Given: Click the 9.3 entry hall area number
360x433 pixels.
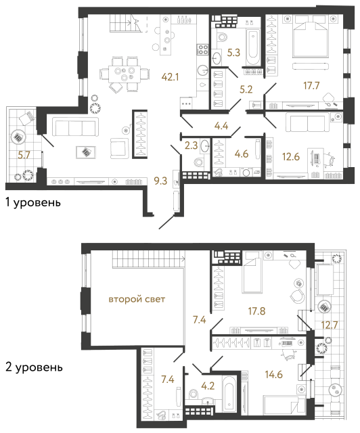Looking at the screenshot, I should pyautogui.click(x=161, y=181).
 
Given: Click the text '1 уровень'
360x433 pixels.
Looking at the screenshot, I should pyautogui.click(x=32, y=202).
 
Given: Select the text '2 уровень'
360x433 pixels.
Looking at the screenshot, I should pyautogui.click(x=32, y=368).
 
